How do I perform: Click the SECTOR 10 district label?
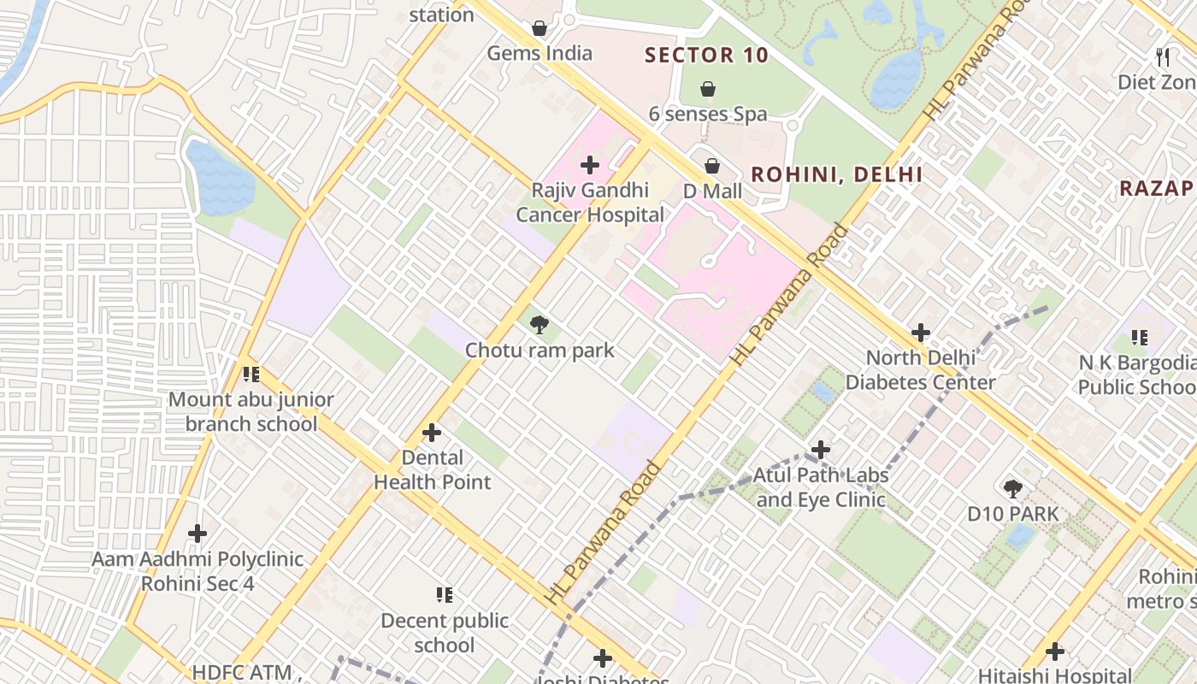(x=706, y=56)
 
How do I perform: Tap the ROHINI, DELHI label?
(x=836, y=175)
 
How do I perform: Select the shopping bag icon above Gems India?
(x=540, y=29)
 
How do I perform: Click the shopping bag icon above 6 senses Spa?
(x=708, y=89)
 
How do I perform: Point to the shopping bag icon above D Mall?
(x=712, y=166)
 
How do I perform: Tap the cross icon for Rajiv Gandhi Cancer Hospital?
(x=590, y=165)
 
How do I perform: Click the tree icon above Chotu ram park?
(x=540, y=325)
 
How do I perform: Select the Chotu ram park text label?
(x=540, y=351)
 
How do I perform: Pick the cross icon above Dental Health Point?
(x=432, y=433)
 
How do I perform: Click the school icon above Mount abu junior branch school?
(x=251, y=374)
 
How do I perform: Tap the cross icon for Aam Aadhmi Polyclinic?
(x=198, y=534)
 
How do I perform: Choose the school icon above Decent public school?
(x=444, y=595)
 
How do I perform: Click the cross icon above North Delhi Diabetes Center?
(x=921, y=333)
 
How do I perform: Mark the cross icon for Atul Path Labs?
(x=821, y=450)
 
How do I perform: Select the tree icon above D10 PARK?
(x=1013, y=489)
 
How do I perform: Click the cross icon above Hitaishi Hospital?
(x=1055, y=652)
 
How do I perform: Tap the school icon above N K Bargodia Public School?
(x=1139, y=339)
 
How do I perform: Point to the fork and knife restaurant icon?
(x=1162, y=57)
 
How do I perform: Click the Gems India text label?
(x=540, y=54)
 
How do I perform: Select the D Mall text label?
(x=712, y=192)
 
